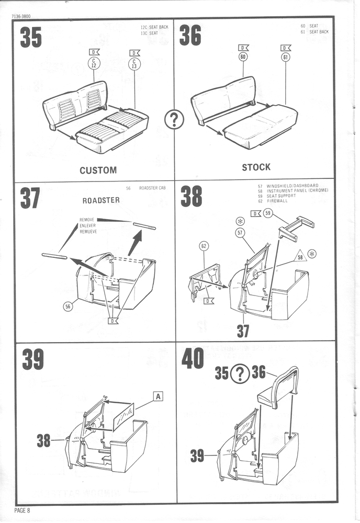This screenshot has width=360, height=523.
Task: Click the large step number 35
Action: [x=30, y=37]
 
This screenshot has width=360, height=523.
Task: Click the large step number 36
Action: [x=190, y=36]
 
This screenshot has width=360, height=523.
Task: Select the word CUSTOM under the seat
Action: [x=98, y=170]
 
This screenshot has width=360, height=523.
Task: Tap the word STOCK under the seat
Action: [x=256, y=167]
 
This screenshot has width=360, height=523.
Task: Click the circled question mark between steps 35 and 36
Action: [x=174, y=120]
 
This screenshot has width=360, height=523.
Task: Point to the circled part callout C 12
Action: [x=94, y=64]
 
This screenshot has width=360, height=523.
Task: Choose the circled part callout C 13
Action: [x=135, y=64]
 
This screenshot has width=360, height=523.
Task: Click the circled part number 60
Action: [x=243, y=57]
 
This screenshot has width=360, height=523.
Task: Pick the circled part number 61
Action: [x=285, y=57]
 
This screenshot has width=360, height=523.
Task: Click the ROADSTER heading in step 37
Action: [x=101, y=200]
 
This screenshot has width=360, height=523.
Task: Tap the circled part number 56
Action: [x=67, y=307]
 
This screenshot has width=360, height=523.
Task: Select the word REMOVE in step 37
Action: [x=87, y=220]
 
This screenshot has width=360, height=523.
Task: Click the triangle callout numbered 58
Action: [x=300, y=257]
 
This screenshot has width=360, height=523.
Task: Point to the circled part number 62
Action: [x=204, y=246]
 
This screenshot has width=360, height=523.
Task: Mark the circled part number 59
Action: [x=267, y=213]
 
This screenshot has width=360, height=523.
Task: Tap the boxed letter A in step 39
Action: [x=158, y=396]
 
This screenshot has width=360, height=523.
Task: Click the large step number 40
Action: [x=192, y=359]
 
